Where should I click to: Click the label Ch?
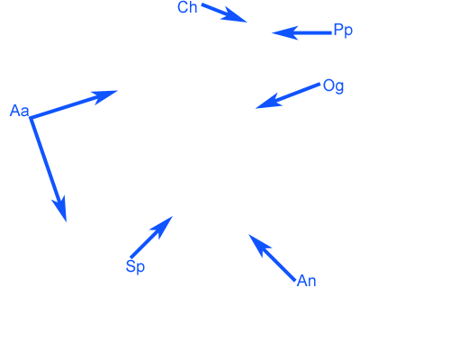coord(187,7)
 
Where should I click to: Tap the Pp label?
coord(343,31)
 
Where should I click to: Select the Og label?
coord(333,86)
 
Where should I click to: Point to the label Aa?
coord(20,111)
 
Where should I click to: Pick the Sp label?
coord(135,266)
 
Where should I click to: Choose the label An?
coord(306,281)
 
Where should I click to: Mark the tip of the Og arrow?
coord(256,108)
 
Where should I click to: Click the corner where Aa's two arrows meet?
coord(31,118)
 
